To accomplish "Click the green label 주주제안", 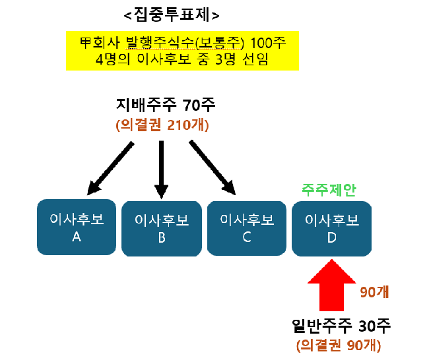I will tap(329, 189).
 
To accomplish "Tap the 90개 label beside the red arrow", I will tap(374, 291).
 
